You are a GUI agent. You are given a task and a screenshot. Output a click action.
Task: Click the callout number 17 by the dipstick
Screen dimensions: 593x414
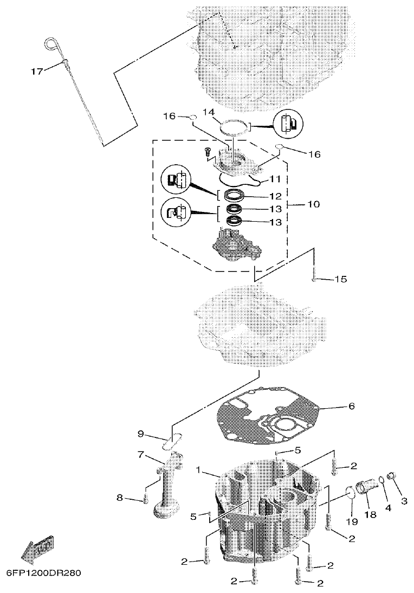36,71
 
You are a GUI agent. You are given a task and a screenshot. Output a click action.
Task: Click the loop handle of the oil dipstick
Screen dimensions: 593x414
51,43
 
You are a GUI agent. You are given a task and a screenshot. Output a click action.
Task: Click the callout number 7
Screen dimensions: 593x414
140,455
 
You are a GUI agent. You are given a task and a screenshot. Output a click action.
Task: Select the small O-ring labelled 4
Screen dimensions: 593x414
383,480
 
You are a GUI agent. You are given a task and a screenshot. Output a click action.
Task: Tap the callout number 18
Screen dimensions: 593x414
372,514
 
